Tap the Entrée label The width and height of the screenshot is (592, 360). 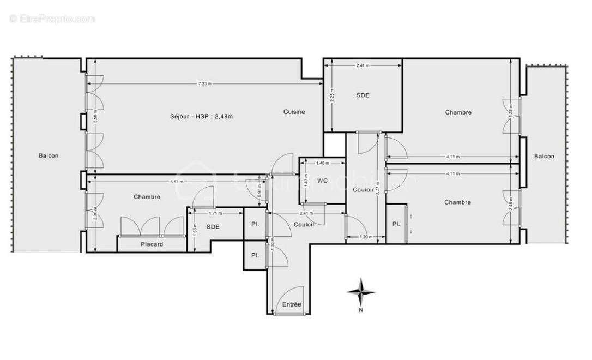tap(292, 304)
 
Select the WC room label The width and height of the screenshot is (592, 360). tap(322, 181)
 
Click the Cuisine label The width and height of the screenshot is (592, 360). tap(294, 112)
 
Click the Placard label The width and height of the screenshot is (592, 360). tap(152, 244)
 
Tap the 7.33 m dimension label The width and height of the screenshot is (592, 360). tap(205, 83)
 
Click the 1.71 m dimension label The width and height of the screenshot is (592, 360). tap(216, 214)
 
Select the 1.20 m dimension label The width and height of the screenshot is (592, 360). tap(365, 237)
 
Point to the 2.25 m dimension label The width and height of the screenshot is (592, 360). tap(332, 95)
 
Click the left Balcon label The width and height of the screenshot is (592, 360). tap(49, 155)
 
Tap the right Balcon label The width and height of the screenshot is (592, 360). tap(544, 156)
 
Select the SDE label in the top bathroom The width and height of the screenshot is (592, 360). tap(363, 95)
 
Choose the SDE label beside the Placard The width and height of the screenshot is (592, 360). tap(213, 226)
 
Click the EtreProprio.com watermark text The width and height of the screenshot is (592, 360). tap(52, 19)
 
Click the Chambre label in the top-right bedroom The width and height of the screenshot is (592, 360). tap(458, 112)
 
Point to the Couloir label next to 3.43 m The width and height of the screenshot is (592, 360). tap(363, 190)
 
